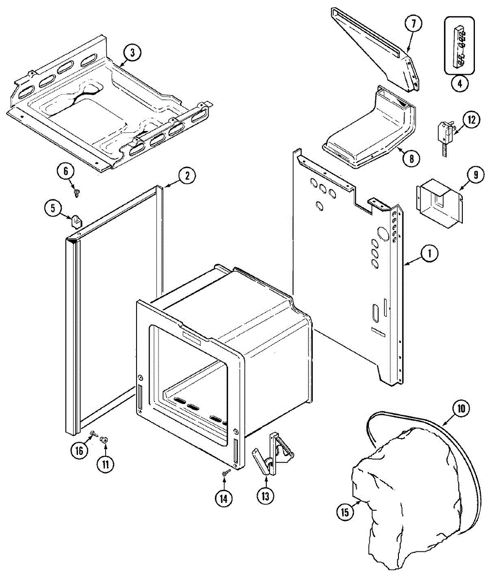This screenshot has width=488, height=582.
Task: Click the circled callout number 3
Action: pos(132,52)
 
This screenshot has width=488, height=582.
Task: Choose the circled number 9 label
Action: pos(475,174)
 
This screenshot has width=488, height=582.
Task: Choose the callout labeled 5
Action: pos(52,209)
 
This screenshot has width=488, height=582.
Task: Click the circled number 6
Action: pos(66,170)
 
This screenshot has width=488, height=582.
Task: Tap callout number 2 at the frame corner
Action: pos(187,176)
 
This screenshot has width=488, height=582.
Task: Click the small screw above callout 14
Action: pos(224,473)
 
